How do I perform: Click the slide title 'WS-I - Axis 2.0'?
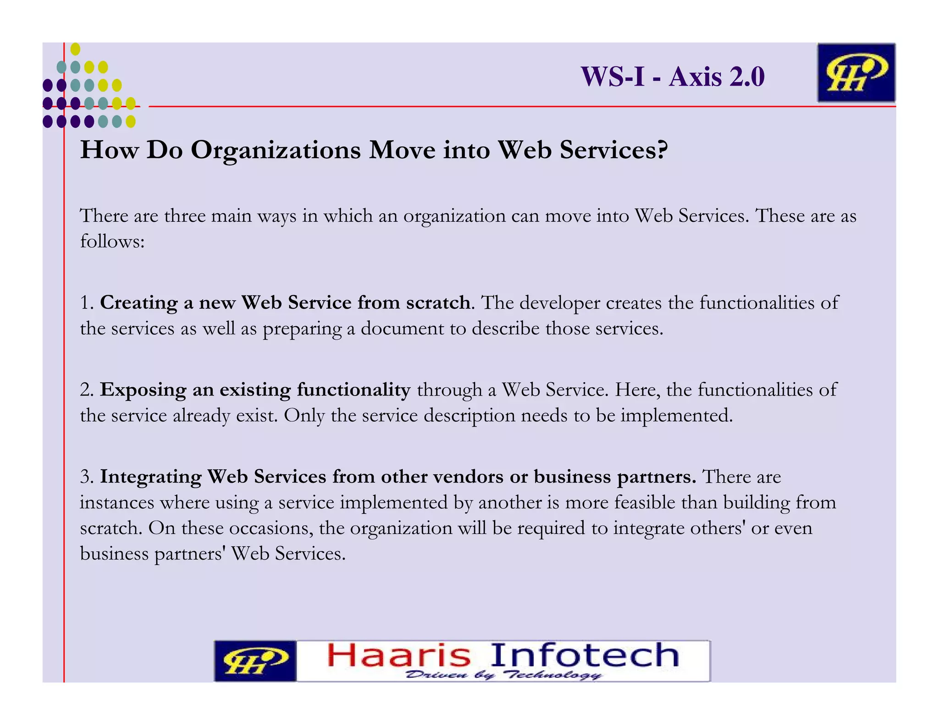673,77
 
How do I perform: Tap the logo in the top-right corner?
856,72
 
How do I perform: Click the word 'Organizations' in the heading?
276,150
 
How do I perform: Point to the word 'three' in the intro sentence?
184,216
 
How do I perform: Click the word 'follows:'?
112,241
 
